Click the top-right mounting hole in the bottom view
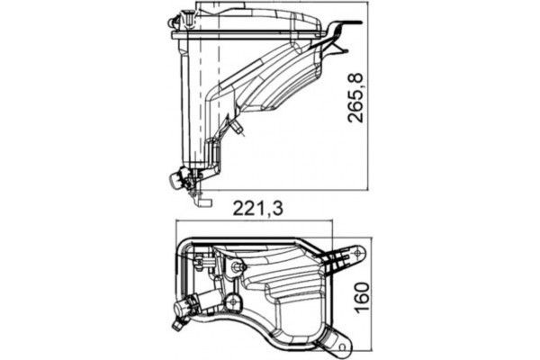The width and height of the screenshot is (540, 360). [x=358, y=254]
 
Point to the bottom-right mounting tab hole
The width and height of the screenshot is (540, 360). [x=341, y=341]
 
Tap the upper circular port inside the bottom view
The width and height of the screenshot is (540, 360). [x=238, y=267]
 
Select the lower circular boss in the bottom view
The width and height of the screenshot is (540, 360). [x=232, y=301]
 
